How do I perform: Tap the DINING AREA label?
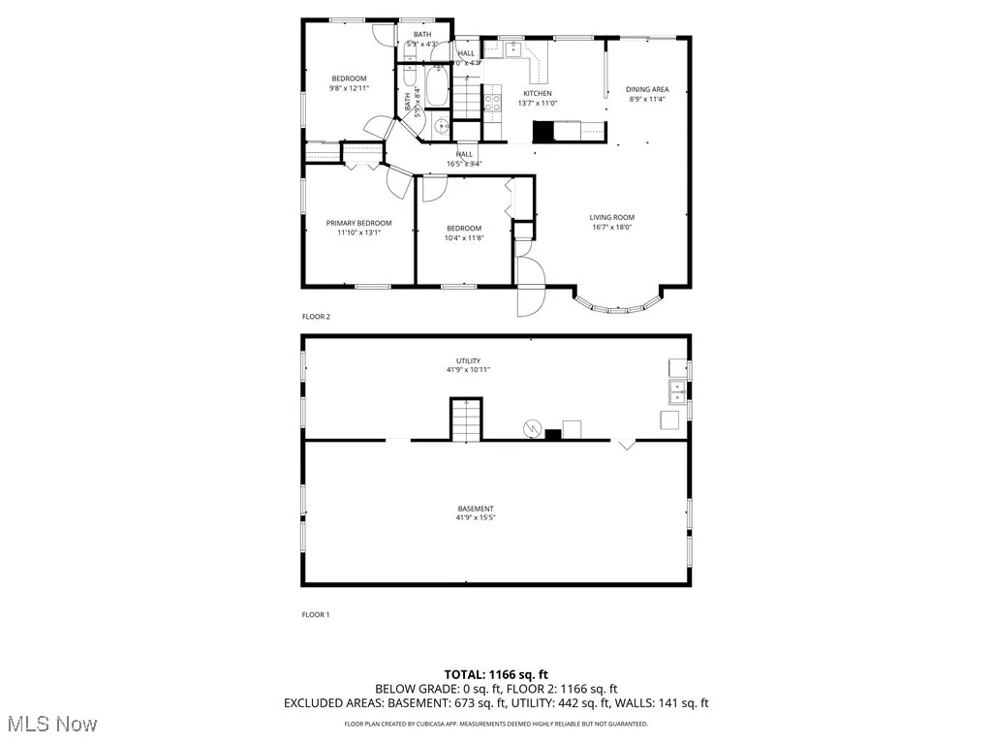[x=647, y=89]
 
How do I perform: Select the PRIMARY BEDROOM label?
[x=358, y=223]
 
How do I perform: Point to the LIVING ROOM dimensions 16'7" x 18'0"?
[x=612, y=228]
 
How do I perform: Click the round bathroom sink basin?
[x=442, y=125]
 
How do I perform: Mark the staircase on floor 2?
[x=468, y=98]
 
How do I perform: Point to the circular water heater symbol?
[x=531, y=427]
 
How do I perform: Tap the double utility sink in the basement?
[x=675, y=391]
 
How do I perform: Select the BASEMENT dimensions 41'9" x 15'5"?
[x=476, y=518]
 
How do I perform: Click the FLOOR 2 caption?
[x=317, y=317]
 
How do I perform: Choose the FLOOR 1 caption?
[x=317, y=614]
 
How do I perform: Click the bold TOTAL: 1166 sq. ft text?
[x=496, y=673]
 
